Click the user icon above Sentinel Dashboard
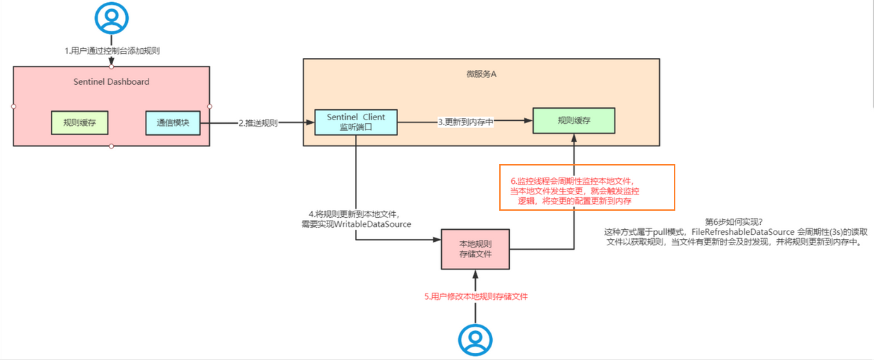[112, 18]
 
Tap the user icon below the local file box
[474, 339]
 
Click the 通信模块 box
[173, 123]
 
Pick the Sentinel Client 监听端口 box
[356, 122]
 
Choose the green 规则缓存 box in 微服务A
[573, 121]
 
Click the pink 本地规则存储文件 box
[475, 249]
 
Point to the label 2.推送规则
[257, 123]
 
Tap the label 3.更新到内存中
[465, 122]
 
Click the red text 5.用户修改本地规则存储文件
[476, 297]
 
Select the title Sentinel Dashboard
[112, 82]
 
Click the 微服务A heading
[482, 74]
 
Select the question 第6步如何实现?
[734, 221]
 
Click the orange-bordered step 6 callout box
[587, 187]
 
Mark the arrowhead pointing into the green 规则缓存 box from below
[573, 137]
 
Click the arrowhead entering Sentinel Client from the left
[310, 123]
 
